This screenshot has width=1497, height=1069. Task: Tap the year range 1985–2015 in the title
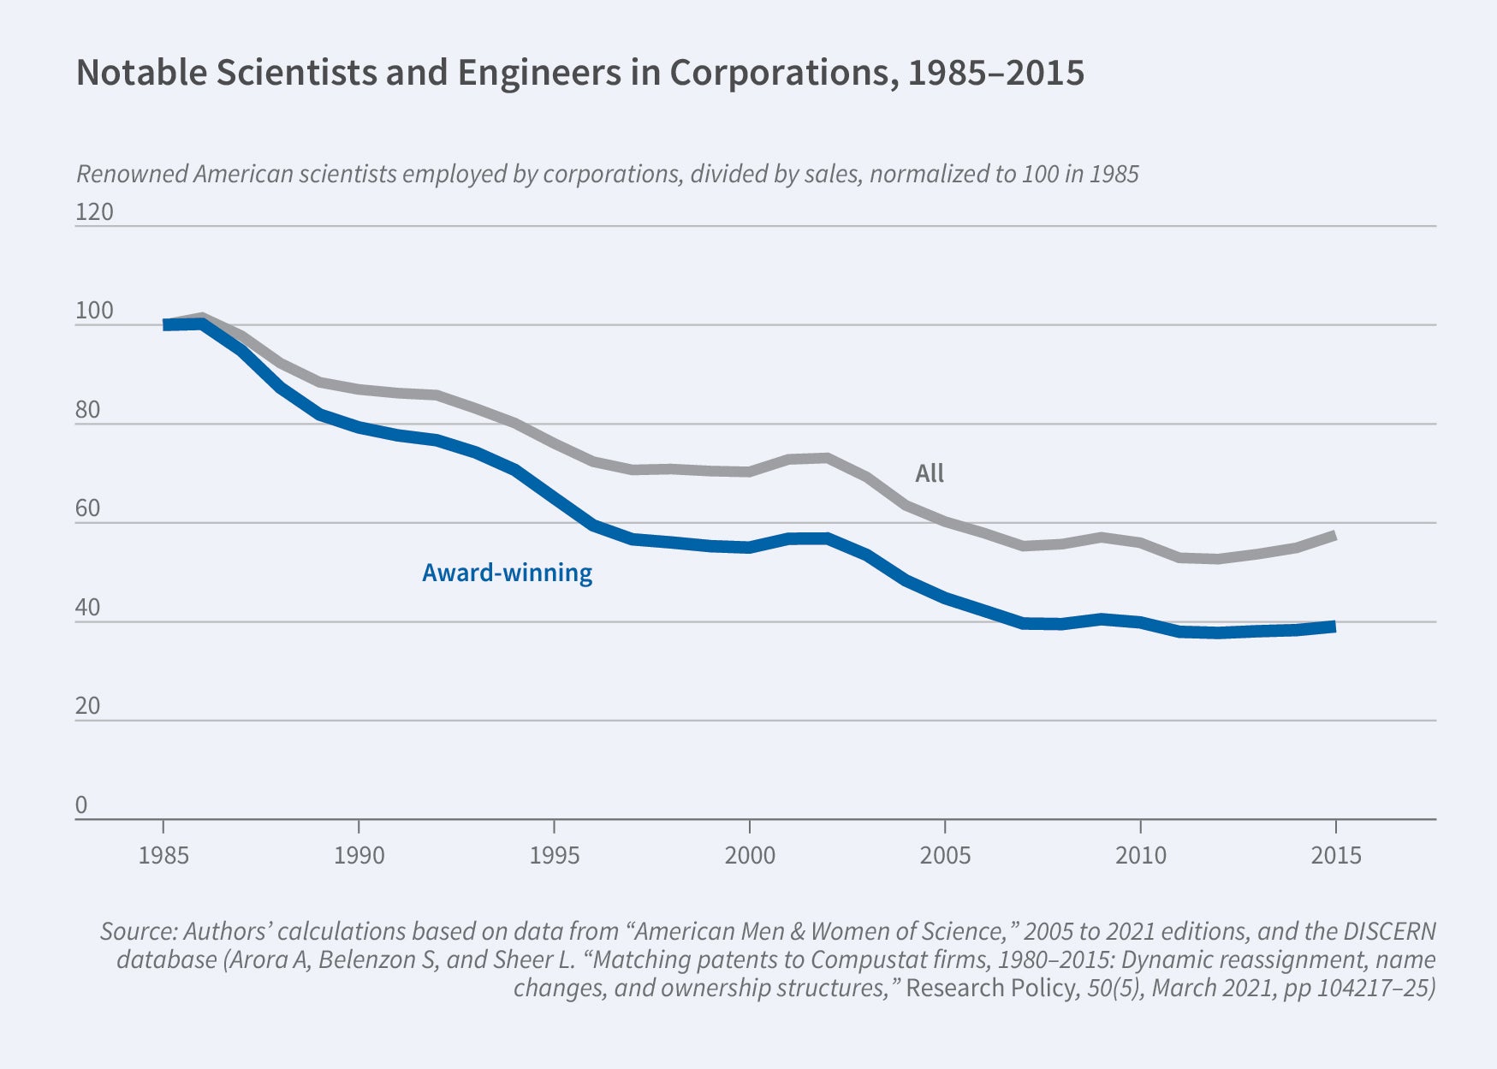(995, 73)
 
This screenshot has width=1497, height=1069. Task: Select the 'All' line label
(930, 473)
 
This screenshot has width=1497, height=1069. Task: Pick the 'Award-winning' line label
(507, 573)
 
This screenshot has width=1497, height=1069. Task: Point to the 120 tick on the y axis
(94, 211)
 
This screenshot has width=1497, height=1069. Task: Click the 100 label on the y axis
(94, 311)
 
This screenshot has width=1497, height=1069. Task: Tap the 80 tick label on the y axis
(88, 410)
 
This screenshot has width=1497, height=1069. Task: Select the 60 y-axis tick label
(88, 508)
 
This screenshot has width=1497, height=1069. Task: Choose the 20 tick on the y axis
(88, 706)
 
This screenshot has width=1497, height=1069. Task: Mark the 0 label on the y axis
(81, 805)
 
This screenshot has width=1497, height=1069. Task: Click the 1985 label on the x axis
(163, 855)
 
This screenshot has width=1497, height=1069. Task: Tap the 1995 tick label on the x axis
(555, 855)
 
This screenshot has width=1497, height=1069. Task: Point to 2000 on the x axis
(750, 855)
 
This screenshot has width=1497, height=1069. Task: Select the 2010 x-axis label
(1140, 855)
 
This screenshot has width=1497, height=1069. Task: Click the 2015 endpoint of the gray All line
(1334, 537)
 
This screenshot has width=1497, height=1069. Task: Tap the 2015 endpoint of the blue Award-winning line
(1334, 627)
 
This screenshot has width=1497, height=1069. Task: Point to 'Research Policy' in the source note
(990, 988)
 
